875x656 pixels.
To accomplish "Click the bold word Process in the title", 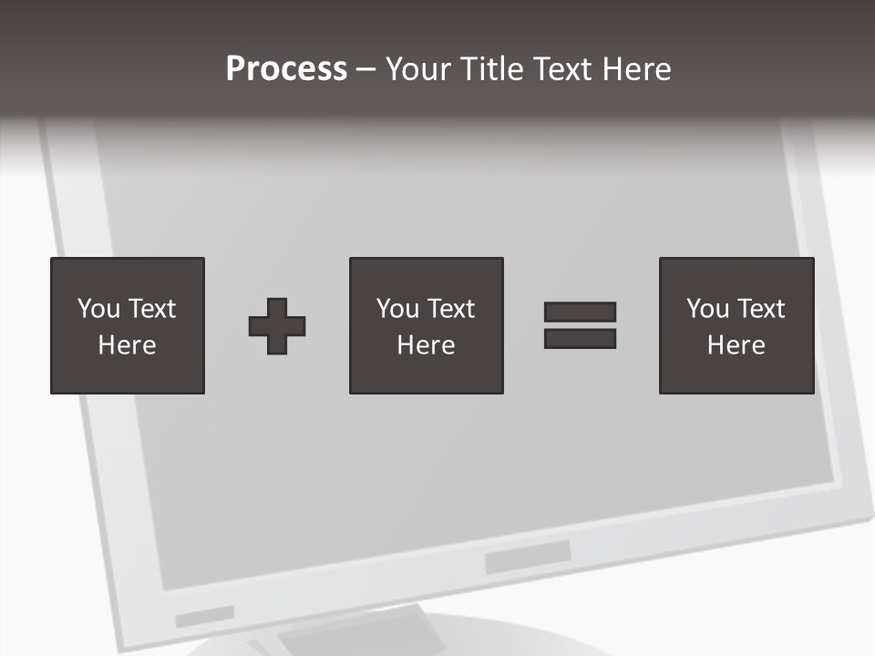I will [x=286, y=69].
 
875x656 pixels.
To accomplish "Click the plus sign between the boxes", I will [x=277, y=326].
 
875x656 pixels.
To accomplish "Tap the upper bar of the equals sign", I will [x=580, y=313].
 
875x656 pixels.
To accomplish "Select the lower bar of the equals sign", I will [x=580, y=339].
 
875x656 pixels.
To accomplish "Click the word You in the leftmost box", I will [x=98, y=309].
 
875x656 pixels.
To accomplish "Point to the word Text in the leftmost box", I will [x=151, y=309].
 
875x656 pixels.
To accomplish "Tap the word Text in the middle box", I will [x=450, y=309].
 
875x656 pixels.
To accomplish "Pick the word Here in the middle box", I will [x=426, y=345].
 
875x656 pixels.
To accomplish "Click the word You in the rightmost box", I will [x=707, y=309].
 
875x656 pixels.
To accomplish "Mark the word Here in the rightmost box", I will [x=736, y=345].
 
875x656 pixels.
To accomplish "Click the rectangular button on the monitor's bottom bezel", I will [x=528, y=556].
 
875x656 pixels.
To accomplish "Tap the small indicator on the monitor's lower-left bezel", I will [x=204, y=617].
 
